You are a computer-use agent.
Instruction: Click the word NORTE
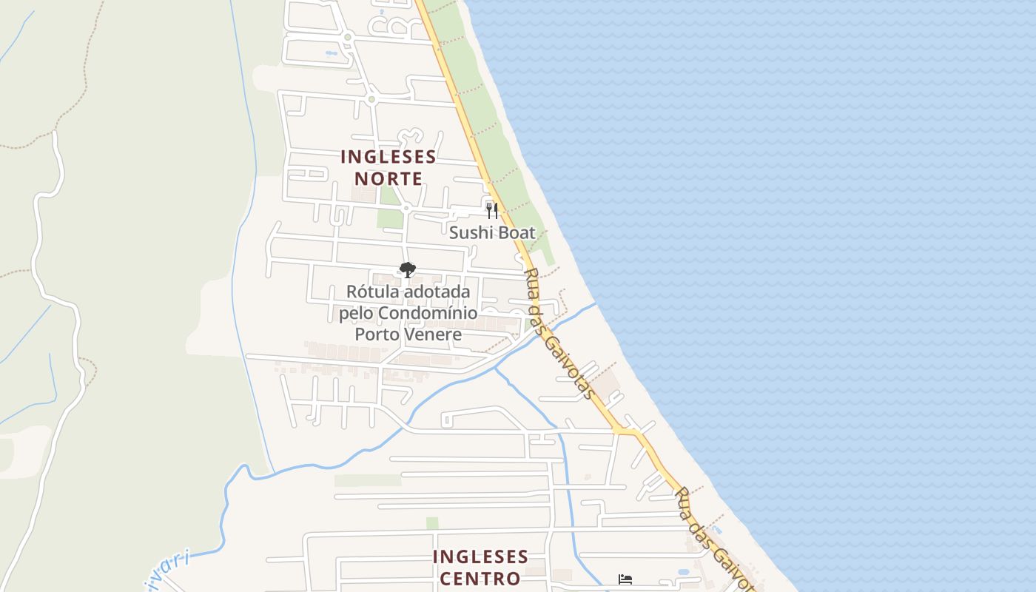click(388, 178)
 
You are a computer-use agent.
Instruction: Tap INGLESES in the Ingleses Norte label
click(388, 157)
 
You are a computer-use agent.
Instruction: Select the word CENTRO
click(480, 578)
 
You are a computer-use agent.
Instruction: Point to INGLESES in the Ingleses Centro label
click(480, 556)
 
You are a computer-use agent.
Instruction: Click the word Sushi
click(471, 232)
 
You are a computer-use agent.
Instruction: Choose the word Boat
click(516, 232)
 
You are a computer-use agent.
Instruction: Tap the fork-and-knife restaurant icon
click(492, 210)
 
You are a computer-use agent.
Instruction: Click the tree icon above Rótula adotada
click(407, 270)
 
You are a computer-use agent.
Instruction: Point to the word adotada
click(437, 292)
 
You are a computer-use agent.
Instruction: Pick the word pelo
click(357, 313)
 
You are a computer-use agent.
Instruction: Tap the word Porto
click(377, 334)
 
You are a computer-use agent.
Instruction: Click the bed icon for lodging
click(625, 579)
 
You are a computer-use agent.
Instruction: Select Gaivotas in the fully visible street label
click(568, 363)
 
